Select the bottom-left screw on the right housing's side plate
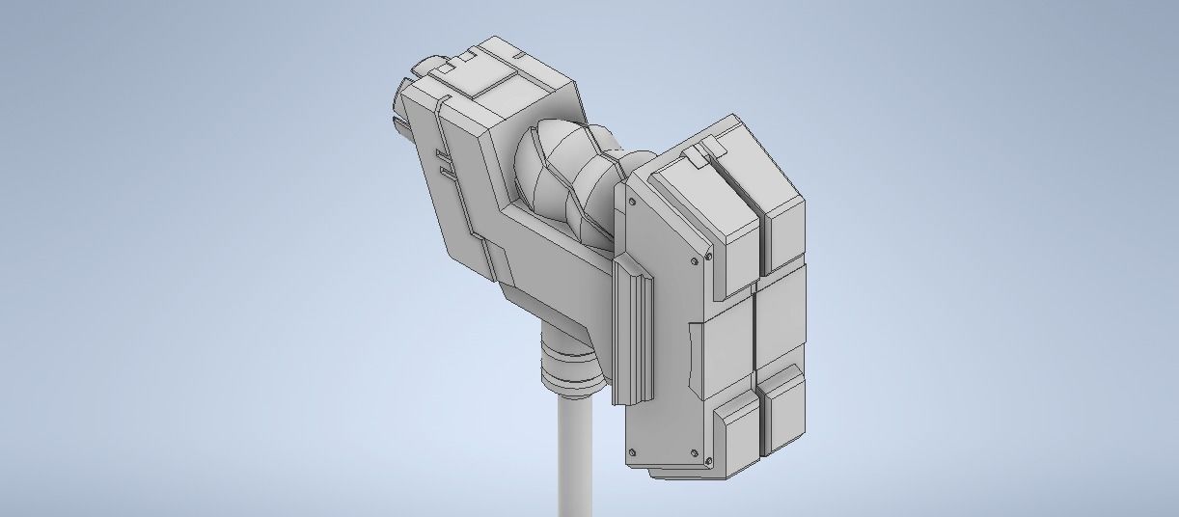[x=631, y=452]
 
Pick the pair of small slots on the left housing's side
[x=442, y=163]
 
